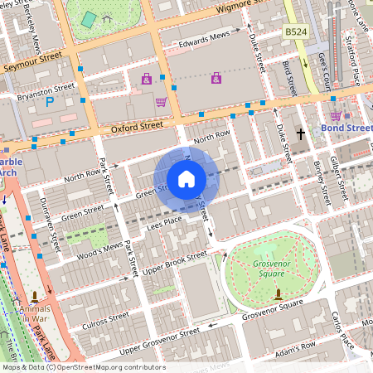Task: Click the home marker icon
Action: (x=186, y=179)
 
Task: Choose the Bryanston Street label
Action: (x=46, y=90)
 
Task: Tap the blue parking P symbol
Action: (x=49, y=102)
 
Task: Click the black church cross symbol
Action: (x=302, y=133)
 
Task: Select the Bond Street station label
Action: (x=346, y=128)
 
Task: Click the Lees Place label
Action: (x=164, y=221)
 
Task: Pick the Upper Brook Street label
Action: (x=174, y=264)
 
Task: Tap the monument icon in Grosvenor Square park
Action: (x=277, y=293)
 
